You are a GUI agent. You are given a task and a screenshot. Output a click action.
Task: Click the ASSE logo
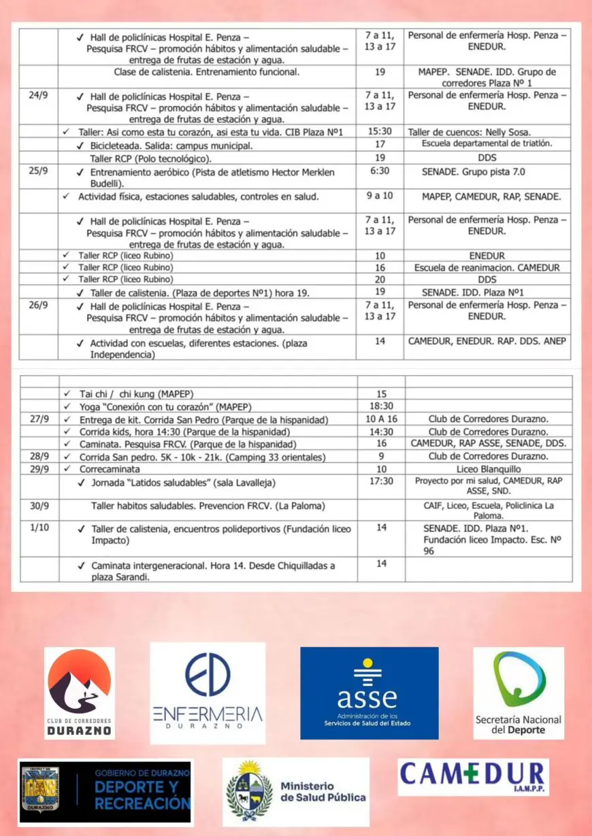369,693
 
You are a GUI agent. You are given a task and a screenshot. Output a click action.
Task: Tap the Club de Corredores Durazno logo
80,693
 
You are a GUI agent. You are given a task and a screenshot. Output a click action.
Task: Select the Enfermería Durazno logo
208,693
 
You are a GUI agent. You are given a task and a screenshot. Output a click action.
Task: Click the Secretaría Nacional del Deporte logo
519,693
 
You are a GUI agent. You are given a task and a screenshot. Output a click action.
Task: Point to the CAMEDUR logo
473,777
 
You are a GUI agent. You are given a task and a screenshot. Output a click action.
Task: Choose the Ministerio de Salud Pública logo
296,791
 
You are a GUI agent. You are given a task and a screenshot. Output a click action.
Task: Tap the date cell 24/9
38,96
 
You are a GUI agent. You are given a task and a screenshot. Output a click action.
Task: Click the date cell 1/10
38,529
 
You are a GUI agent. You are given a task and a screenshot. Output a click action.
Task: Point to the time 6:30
380,171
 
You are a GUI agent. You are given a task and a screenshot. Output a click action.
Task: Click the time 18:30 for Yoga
381,407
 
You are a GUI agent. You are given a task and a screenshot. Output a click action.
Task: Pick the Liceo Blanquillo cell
488,469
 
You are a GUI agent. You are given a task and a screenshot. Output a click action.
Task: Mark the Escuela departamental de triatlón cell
487,144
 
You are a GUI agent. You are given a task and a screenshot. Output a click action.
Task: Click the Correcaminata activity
110,469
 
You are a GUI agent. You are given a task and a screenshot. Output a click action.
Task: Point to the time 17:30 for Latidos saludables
381,481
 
